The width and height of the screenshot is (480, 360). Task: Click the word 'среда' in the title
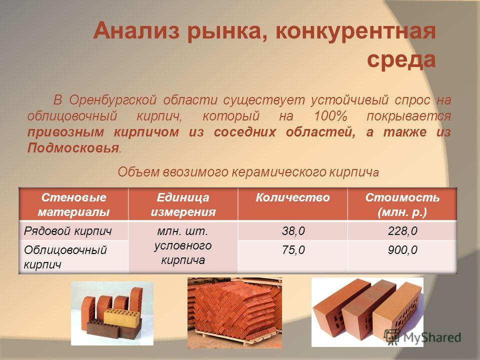pos(401,59)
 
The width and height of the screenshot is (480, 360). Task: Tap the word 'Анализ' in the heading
pos(136,31)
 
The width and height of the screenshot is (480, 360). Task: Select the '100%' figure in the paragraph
pos(330,116)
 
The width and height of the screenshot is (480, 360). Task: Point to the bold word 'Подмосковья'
pos(73,148)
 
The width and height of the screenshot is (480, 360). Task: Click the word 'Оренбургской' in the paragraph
pos(112,100)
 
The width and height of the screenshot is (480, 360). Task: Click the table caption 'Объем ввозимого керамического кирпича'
pos(248,172)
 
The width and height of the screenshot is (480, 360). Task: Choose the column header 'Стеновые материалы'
pos(73,204)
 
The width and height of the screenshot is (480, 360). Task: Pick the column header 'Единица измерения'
pos(183,204)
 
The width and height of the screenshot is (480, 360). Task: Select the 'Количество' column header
pos(292,197)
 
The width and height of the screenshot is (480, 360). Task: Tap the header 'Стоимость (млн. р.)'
pos(402,204)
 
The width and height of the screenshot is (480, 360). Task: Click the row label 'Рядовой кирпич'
pos(67,231)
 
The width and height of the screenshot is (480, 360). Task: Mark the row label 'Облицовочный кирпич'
pos(65,257)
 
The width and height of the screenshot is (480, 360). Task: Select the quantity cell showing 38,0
pos(293,231)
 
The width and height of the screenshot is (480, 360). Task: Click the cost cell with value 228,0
pos(402,231)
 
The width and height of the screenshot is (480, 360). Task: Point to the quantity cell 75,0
pos(293,250)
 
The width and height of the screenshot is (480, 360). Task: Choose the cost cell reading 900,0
pos(402,250)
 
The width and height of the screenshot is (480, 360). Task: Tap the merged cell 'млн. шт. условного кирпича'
pos(183,245)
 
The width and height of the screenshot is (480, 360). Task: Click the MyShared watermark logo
pos(422,337)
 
